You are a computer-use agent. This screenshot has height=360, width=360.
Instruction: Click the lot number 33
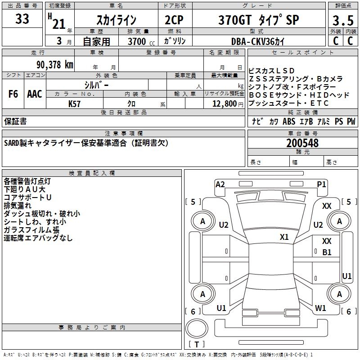click(x=22, y=19)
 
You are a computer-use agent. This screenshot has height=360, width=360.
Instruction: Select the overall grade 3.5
click(x=342, y=20)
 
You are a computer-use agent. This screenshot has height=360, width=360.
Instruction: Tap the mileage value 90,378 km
click(x=55, y=64)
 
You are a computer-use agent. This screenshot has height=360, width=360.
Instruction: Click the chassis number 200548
click(x=302, y=143)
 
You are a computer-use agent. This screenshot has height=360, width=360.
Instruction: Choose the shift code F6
click(x=13, y=94)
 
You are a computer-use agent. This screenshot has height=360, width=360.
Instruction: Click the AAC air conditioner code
click(x=35, y=94)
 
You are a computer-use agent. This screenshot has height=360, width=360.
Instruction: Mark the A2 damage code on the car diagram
click(x=220, y=184)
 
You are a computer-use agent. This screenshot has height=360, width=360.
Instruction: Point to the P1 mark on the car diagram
click(x=321, y=184)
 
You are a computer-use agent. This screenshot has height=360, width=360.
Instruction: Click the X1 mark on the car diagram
click(x=284, y=237)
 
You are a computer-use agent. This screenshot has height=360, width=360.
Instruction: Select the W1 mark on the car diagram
click(x=320, y=308)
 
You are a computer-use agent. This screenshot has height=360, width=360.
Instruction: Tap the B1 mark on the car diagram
click(x=327, y=252)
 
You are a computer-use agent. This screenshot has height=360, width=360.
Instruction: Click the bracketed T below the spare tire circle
click(x=197, y=345)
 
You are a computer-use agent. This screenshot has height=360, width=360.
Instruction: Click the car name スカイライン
click(x=117, y=20)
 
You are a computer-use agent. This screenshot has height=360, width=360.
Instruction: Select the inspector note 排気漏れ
click(x=18, y=206)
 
